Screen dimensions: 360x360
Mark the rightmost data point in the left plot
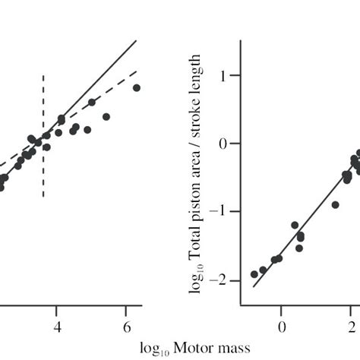[137, 88]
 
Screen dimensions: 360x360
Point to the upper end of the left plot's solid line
[137, 41]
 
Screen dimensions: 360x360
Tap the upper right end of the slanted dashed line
[137, 71]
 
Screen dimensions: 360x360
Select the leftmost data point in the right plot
[254, 274]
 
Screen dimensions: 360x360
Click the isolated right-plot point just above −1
[335, 204]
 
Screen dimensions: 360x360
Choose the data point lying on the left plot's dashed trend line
[92, 102]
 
